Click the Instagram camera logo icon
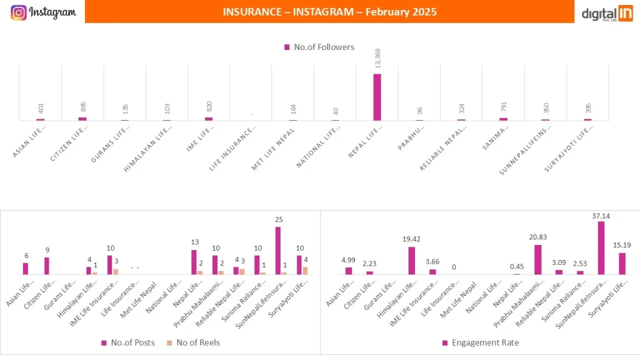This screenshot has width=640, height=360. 19,12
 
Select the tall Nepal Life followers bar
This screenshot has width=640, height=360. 377,97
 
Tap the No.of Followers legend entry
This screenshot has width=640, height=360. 319,47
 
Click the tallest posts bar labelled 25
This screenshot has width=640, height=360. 277,251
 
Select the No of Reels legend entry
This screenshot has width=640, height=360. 194,342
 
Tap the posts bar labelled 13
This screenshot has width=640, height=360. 194,262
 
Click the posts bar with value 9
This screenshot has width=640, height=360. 47,266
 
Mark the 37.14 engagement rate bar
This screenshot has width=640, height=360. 601,248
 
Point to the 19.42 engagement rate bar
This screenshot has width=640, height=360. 411,261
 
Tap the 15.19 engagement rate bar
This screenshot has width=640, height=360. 622,263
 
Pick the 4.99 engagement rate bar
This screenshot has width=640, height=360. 348,271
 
